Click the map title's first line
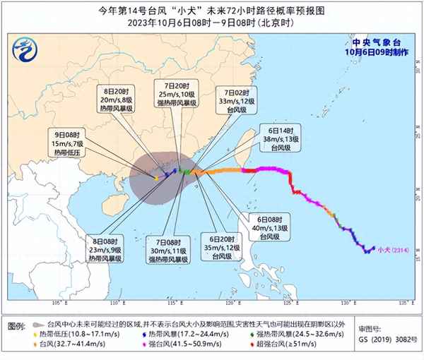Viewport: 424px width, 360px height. (212, 10)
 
